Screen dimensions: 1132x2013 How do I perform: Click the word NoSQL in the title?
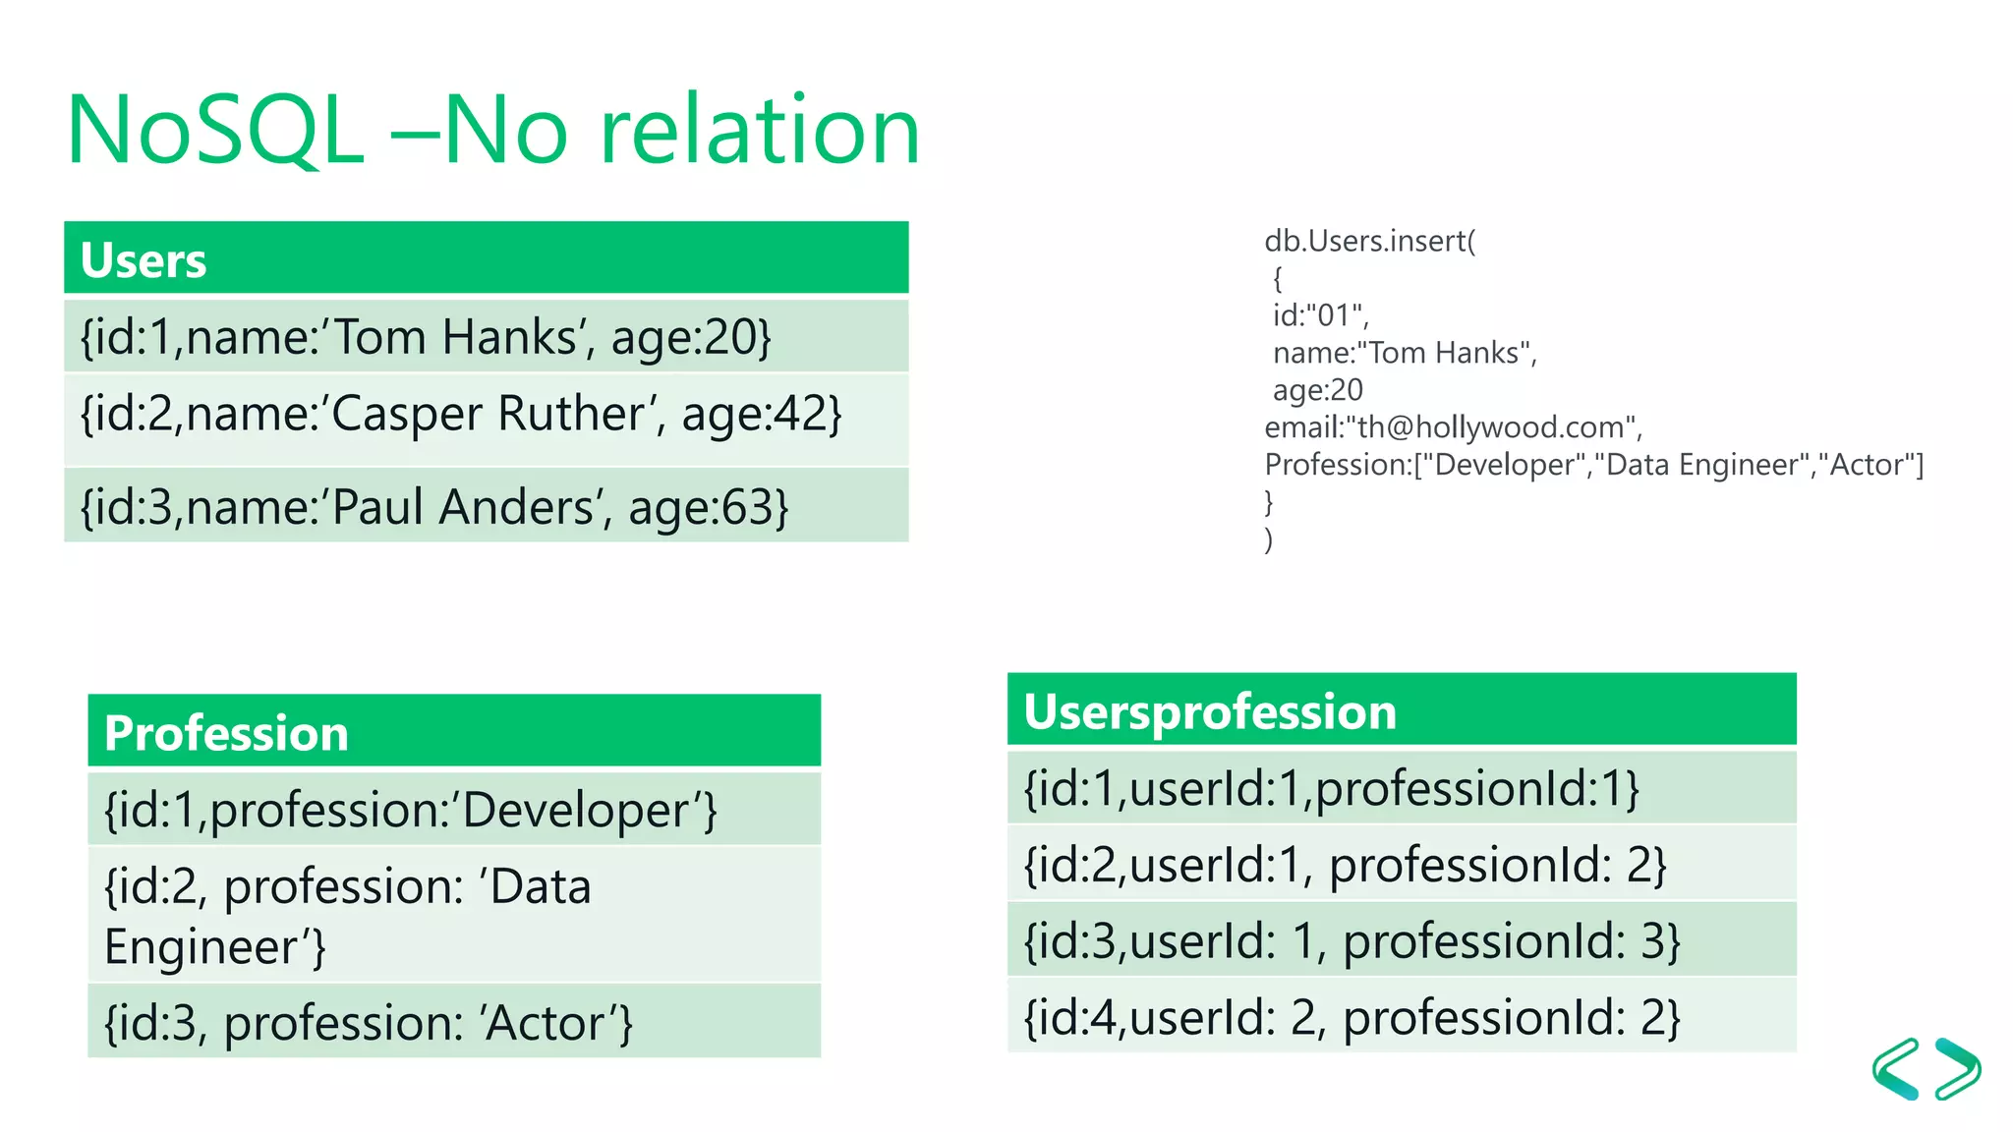click(x=215, y=131)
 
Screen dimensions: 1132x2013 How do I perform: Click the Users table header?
click(x=486, y=258)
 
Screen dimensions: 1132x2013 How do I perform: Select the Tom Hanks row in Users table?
click(x=486, y=336)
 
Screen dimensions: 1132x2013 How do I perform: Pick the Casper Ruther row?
click(x=486, y=414)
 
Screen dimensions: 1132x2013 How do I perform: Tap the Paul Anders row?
click(x=486, y=506)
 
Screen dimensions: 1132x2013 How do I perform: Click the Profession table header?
click(x=453, y=732)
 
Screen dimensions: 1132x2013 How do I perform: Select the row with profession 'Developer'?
click(x=453, y=810)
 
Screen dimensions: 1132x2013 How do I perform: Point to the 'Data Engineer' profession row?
click(x=453, y=915)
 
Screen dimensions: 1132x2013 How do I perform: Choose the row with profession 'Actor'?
click(x=453, y=1022)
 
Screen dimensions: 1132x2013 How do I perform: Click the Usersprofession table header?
click(x=1401, y=710)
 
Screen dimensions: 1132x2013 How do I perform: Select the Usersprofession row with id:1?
click(x=1401, y=788)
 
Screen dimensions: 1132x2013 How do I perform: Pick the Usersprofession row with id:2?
click(x=1401, y=864)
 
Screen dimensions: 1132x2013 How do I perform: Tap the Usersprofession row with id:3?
click(x=1401, y=940)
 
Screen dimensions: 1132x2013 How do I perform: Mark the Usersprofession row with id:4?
click(x=1401, y=1016)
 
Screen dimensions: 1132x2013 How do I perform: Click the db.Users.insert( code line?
click(x=1369, y=241)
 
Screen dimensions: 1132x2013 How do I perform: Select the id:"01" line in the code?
click(x=1320, y=315)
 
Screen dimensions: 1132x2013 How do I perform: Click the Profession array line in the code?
click(x=1592, y=465)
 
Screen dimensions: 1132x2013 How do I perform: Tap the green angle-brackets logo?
click(x=1926, y=1069)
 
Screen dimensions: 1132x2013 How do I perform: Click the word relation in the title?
click(x=760, y=131)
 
